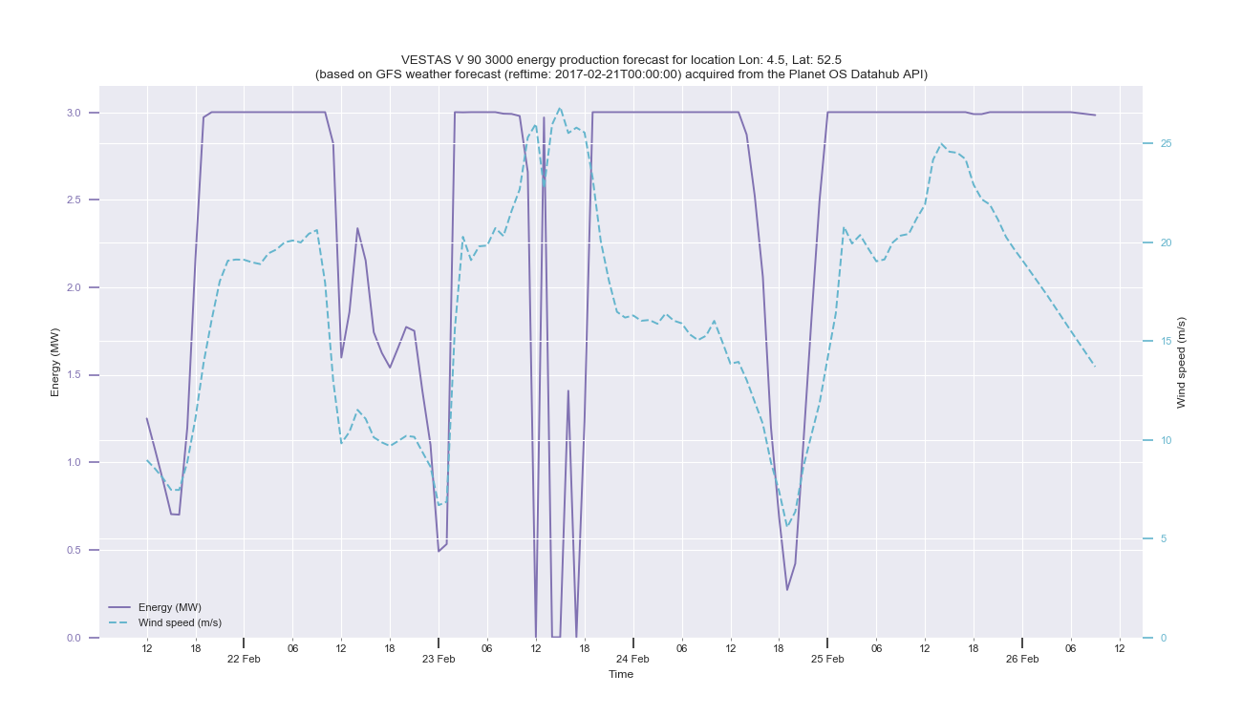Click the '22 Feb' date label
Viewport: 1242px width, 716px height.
point(244,659)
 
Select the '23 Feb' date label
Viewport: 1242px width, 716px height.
point(439,659)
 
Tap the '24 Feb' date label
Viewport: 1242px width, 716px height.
point(632,659)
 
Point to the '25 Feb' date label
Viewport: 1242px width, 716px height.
point(827,659)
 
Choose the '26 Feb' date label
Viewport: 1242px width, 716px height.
point(1022,659)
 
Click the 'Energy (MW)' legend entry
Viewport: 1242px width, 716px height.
point(169,607)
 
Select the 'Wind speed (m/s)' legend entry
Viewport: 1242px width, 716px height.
point(180,622)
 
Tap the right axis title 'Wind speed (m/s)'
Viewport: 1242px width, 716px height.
point(1181,362)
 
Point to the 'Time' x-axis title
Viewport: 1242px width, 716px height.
point(621,674)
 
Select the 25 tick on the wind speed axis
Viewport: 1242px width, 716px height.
point(1165,143)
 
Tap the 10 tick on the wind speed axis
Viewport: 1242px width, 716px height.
point(1165,440)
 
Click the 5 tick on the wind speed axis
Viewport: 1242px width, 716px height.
point(1163,538)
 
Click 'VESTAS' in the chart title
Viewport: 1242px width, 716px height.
point(426,60)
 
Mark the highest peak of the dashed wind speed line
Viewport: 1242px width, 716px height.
point(560,108)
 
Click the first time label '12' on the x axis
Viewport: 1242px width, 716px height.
point(146,649)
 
